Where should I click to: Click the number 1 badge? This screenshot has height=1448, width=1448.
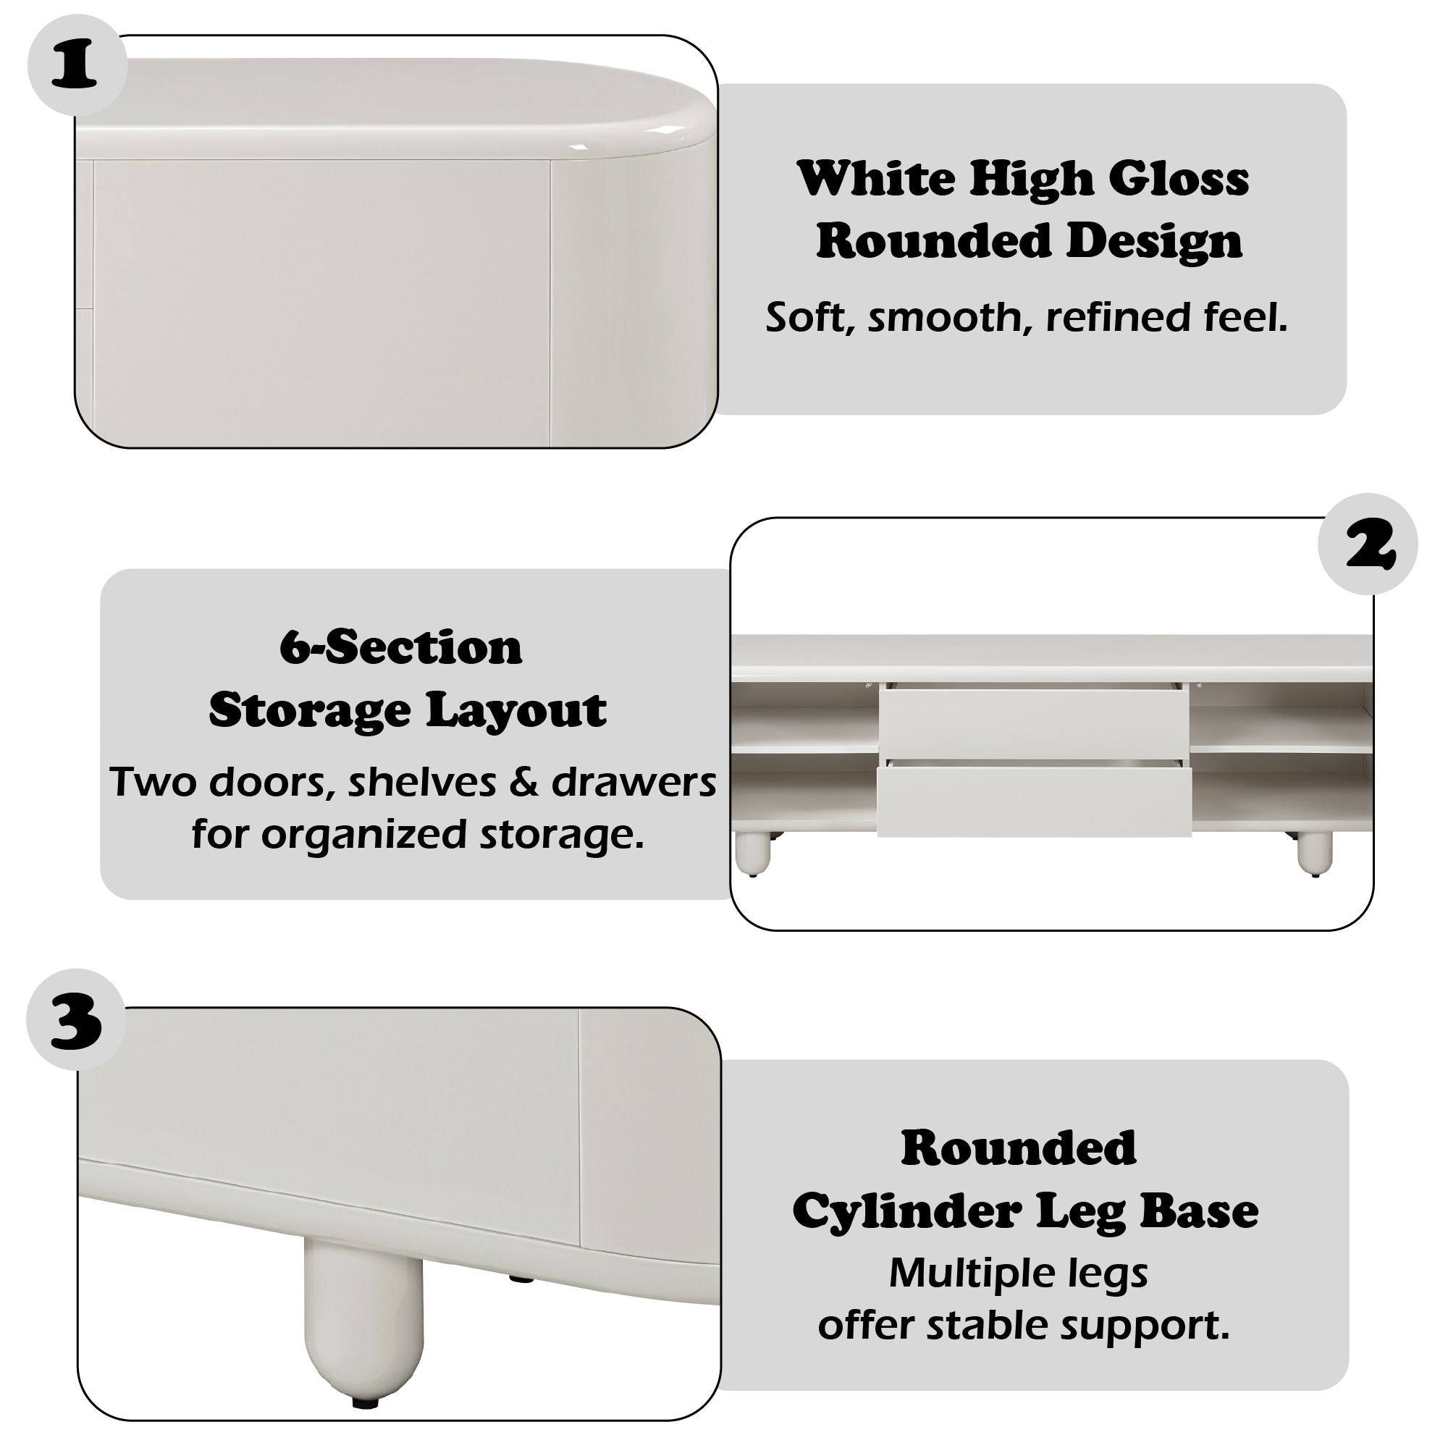pyautogui.click(x=75, y=66)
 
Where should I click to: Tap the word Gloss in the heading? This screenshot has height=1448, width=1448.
pyautogui.click(x=1178, y=180)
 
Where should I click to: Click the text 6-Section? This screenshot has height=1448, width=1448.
pyautogui.click(x=401, y=647)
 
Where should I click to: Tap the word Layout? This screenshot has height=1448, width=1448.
pyautogui.click(x=517, y=710)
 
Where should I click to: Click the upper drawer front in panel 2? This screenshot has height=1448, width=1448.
pyautogui.click(x=1033, y=721)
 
